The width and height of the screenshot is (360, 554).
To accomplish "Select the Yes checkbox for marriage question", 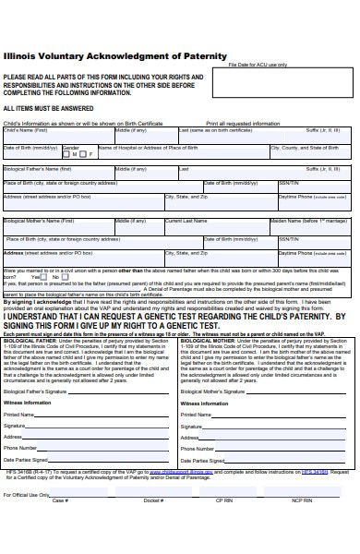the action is tap(43, 277).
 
